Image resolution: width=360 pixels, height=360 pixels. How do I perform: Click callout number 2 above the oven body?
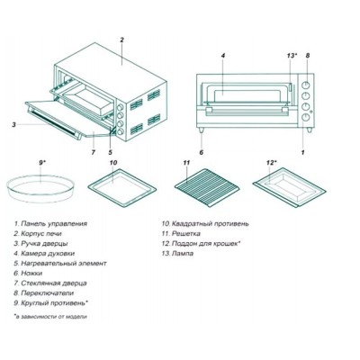point(121,40)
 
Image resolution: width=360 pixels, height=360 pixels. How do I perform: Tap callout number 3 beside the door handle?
point(13,124)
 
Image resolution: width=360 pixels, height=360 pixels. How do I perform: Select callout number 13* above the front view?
point(292,56)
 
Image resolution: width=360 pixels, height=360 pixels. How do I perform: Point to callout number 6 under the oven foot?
point(202,152)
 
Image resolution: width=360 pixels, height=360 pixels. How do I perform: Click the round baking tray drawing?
point(40,189)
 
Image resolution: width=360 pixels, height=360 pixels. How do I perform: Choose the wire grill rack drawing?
point(208,188)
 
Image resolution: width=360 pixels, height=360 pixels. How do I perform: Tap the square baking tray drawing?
point(122,188)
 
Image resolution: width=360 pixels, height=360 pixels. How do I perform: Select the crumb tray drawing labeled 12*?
point(290,189)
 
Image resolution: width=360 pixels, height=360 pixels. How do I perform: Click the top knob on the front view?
point(306,85)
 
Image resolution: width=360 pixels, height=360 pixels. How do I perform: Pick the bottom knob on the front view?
point(306,117)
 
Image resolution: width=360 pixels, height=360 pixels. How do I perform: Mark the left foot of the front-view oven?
point(202,130)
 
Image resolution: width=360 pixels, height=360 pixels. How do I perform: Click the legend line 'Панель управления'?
point(50,224)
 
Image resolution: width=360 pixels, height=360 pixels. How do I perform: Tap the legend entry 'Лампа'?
point(177,254)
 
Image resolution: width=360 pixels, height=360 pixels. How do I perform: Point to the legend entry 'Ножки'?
point(28,274)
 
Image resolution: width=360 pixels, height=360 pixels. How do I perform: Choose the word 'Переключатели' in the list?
point(48,293)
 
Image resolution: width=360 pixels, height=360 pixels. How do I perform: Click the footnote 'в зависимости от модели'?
point(50,316)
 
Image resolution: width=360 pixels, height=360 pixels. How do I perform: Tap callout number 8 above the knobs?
point(308,56)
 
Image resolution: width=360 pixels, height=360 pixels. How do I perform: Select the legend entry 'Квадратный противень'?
point(205,224)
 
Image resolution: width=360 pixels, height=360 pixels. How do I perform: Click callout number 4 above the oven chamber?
point(223,56)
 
